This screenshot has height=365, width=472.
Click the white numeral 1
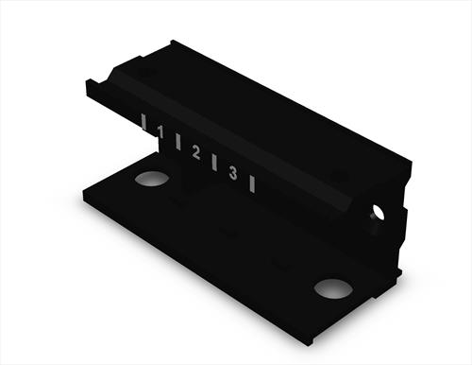click(160, 132)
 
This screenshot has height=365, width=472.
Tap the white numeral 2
click(196, 152)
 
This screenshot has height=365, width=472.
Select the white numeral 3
click(233, 173)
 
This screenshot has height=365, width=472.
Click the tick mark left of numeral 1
click(143, 122)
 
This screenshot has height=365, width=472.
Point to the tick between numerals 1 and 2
click(178, 142)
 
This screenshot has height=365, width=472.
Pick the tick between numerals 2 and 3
click(214, 163)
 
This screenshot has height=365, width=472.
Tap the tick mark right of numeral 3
click(252, 184)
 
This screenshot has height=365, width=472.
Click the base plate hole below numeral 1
click(151, 179)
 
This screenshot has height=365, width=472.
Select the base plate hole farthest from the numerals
click(333, 288)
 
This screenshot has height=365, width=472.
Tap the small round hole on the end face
click(378, 212)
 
